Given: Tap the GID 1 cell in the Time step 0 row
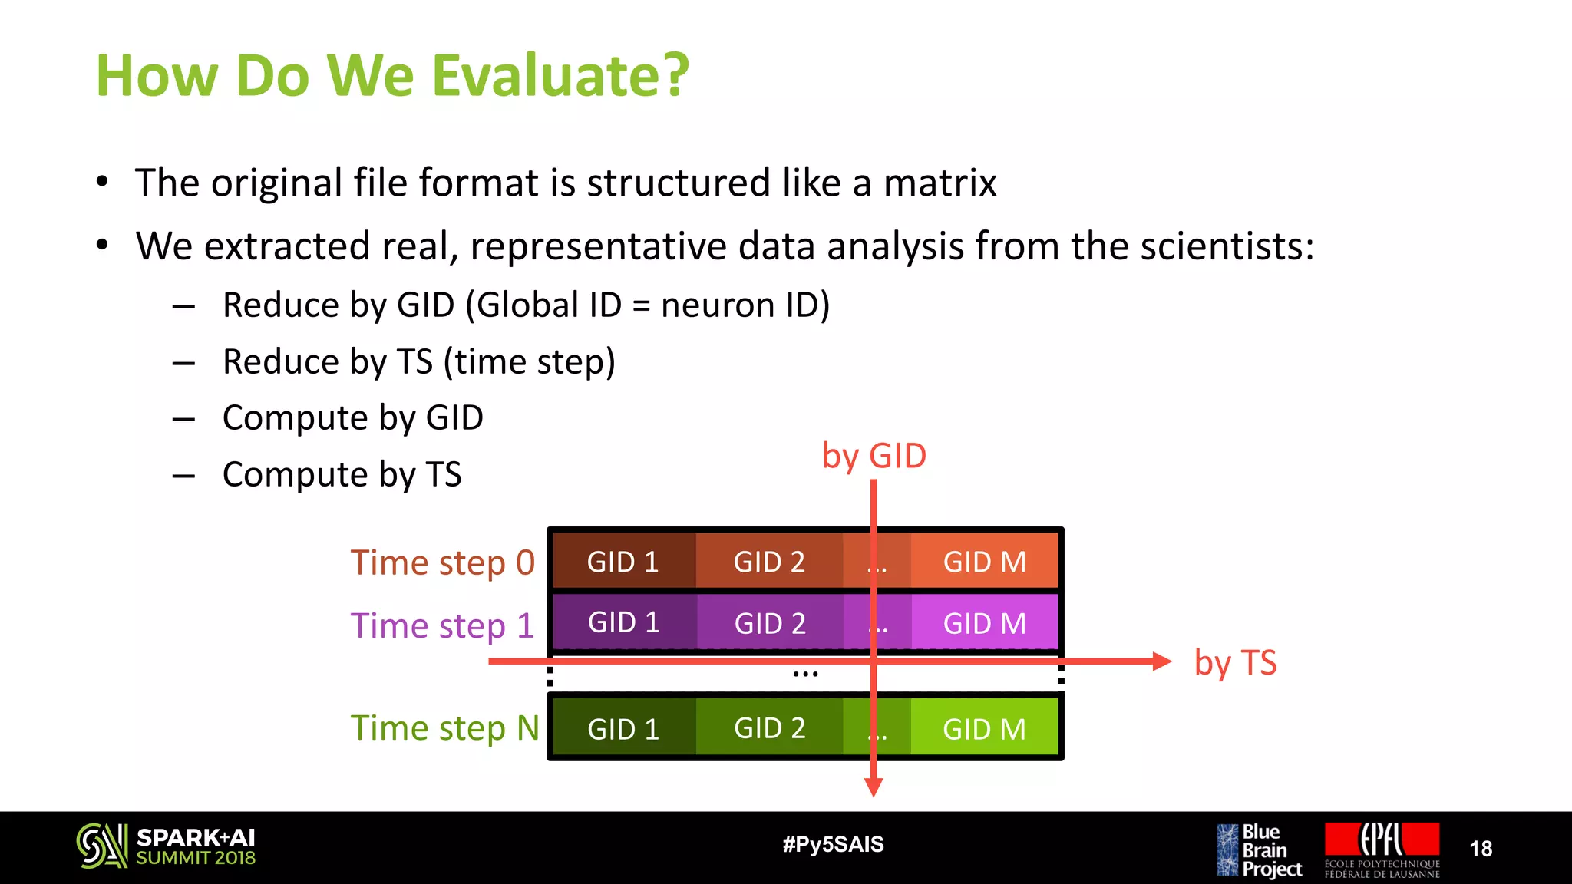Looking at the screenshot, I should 623,562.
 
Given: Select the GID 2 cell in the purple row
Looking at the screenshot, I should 770,623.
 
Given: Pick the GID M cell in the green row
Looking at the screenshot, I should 984,728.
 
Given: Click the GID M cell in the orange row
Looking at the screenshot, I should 984,562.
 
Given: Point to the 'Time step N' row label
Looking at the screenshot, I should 444,727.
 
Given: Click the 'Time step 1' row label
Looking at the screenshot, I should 442,625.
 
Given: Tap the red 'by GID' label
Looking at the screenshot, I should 874,456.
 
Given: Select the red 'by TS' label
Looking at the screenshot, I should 1235,662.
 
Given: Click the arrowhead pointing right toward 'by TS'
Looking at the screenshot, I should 1161,661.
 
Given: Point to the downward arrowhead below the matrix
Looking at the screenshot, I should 874,787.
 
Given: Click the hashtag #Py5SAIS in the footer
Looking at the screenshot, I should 833,844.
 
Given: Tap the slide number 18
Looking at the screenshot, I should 1481,848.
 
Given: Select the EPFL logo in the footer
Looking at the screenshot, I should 1382,849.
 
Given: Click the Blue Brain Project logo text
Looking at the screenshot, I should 1270,849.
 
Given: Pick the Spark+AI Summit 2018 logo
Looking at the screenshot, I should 166,846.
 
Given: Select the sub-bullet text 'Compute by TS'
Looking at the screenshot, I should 342,474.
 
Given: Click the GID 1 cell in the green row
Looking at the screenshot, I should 623,728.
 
